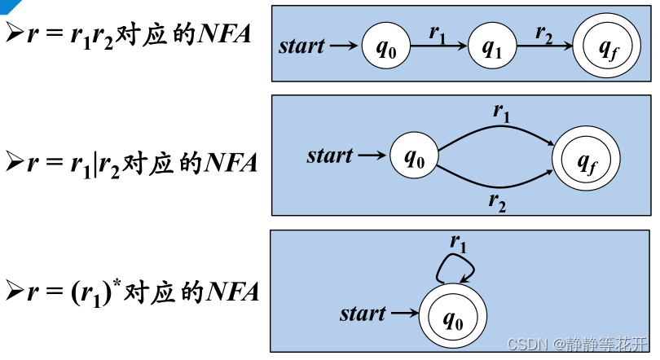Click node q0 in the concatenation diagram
click(x=385, y=46)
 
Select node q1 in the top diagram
click(x=493, y=46)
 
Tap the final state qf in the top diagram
click(x=606, y=46)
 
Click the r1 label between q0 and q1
click(x=438, y=33)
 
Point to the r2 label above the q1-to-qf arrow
click(x=543, y=33)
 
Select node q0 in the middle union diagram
click(x=414, y=156)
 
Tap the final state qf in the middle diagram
click(x=587, y=158)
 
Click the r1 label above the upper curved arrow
click(x=502, y=113)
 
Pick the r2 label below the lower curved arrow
click(x=498, y=203)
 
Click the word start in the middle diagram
click(x=330, y=155)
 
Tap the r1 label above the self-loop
click(x=459, y=242)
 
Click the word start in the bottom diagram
click(x=363, y=313)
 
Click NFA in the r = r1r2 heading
click(x=227, y=36)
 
